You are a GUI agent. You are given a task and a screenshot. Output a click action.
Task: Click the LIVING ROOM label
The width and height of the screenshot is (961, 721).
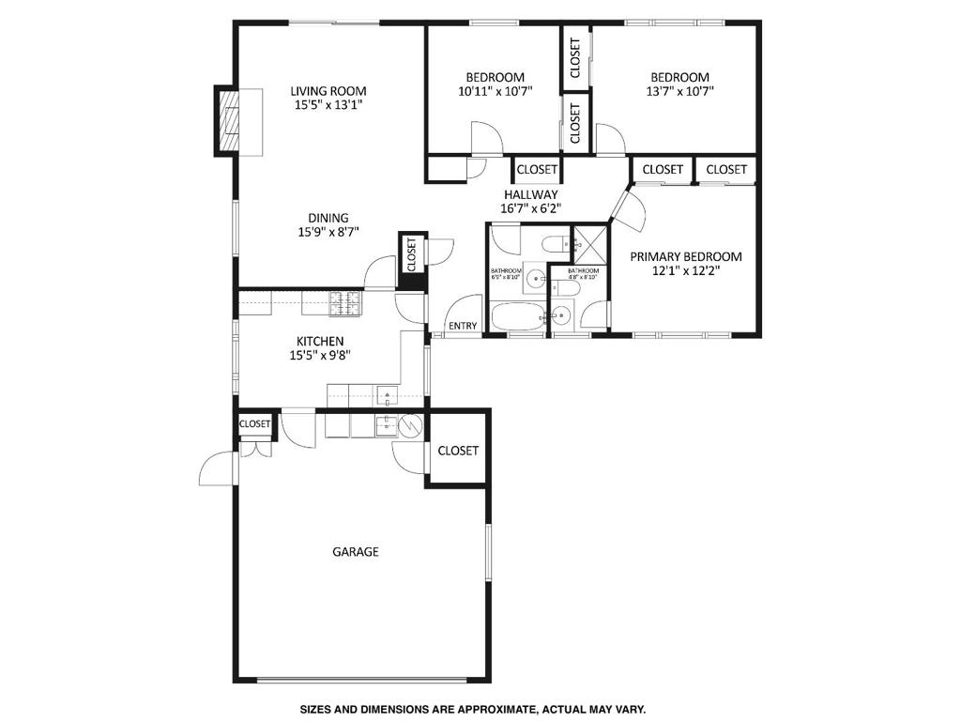pyautogui.click(x=328, y=91)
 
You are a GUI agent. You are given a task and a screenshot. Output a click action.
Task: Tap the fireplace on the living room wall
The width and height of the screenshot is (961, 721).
pyautogui.click(x=229, y=120)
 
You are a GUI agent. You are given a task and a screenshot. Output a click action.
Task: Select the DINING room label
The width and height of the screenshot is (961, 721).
pyautogui.click(x=328, y=218)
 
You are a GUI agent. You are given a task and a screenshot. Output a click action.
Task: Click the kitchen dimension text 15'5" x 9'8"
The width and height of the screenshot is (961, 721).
pyautogui.click(x=320, y=355)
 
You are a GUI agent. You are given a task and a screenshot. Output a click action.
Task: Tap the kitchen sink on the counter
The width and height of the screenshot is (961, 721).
pyautogui.click(x=386, y=395)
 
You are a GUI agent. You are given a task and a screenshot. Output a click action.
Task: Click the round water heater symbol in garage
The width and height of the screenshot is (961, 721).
pyautogui.click(x=411, y=427)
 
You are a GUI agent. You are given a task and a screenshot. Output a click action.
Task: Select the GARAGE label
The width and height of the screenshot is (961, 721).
pyautogui.click(x=356, y=552)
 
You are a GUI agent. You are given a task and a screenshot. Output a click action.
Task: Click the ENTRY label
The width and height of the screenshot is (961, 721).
pyautogui.click(x=463, y=326)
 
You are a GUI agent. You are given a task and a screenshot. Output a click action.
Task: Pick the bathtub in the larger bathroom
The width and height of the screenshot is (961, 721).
pyautogui.click(x=519, y=316)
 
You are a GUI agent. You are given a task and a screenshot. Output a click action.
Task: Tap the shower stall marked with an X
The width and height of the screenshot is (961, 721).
pyautogui.click(x=590, y=244)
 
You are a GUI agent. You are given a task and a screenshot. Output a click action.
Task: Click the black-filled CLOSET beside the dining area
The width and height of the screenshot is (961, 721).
pyautogui.click(x=411, y=253)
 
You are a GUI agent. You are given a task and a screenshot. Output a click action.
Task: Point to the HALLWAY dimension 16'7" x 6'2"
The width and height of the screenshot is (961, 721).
pyautogui.click(x=530, y=209)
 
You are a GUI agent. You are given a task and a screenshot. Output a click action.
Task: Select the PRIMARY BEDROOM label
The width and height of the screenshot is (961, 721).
pyautogui.click(x=685, y=256)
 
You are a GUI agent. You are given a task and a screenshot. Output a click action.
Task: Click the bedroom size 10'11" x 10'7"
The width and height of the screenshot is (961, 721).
pyautogui.click(x=495, y=92)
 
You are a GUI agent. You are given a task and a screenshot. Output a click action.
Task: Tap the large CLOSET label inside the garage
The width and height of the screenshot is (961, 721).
pyautogui.click(x=458, y=451)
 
